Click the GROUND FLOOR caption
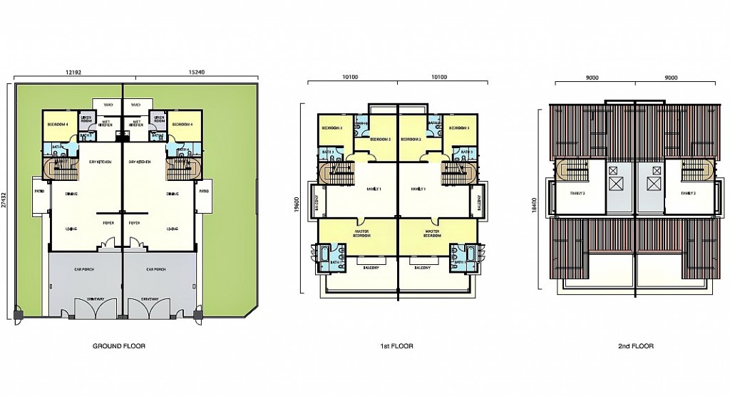(119, 346)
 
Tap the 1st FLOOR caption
(397, 346)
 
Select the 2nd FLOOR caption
(636, 346)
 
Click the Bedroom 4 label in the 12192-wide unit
(58, 125)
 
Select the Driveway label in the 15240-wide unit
(150, 298)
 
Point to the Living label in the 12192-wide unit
(72, 229)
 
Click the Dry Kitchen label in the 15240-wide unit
(140, 162)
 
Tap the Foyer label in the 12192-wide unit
(108, 222)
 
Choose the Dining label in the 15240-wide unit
(172, 194)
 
